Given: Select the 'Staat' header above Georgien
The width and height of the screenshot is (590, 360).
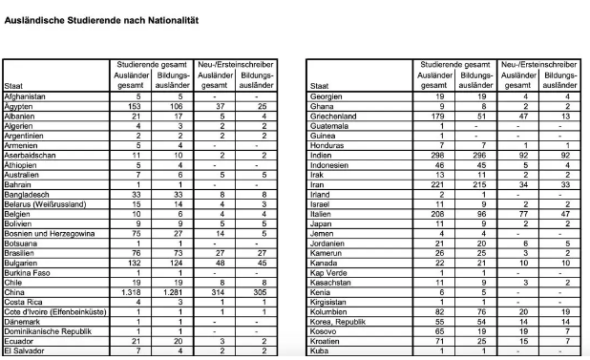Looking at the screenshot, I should tap(321, 87).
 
